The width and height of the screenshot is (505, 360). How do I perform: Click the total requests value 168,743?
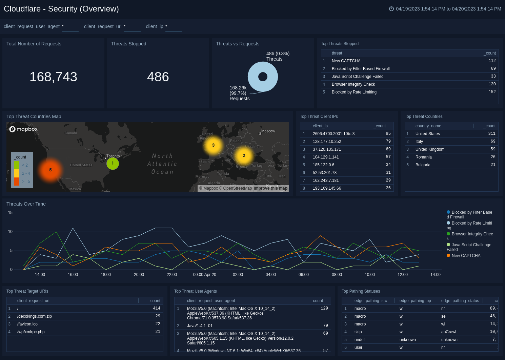tap(53, 77)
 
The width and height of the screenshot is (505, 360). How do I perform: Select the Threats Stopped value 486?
tap(158, 77)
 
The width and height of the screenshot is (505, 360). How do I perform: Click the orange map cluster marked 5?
tap(50, 170)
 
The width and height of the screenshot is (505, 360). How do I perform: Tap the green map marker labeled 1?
tap(113, 163)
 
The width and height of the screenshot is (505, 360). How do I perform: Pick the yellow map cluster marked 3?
tap(213, 145)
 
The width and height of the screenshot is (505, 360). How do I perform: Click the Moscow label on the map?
tap(268, 131)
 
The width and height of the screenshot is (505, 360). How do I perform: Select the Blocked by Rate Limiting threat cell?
tap(354, 92)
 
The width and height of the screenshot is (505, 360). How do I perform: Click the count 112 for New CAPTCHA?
tap(492, 61)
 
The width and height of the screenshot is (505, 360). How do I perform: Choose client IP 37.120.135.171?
tap(327, 149)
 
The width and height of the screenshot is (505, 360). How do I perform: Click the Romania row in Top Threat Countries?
tap(423, 157)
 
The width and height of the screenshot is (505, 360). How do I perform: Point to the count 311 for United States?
tap(491, 134)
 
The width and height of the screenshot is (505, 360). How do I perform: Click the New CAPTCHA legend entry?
tap(466, 256)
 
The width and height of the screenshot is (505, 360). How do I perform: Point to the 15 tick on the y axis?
tap(10, 213)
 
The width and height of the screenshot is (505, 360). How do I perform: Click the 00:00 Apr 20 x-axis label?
tap(204, 275)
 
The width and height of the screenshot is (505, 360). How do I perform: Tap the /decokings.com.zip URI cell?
tap(35, 316)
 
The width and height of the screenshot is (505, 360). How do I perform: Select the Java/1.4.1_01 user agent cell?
tap(200, 326)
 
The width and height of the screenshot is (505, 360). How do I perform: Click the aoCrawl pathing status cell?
tap(448, 332)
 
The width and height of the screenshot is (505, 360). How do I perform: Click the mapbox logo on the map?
tap(23, 129)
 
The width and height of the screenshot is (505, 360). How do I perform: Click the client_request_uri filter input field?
tap(132, 26)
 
